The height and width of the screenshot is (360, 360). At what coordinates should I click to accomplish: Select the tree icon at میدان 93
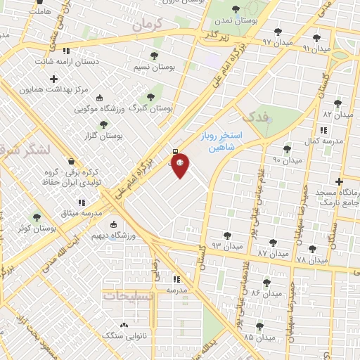(x=227, y=236)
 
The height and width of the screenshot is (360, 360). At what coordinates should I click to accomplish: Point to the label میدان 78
(x=311, y=260)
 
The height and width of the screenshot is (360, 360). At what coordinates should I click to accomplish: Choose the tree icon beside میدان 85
(x=261, y=326)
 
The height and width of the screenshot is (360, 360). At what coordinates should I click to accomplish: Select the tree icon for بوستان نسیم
(x=154, y=56)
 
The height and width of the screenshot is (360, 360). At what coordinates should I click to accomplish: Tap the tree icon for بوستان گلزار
(x=103, y=124)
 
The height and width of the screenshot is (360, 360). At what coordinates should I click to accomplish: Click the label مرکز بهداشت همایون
(x=69, y=91)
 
